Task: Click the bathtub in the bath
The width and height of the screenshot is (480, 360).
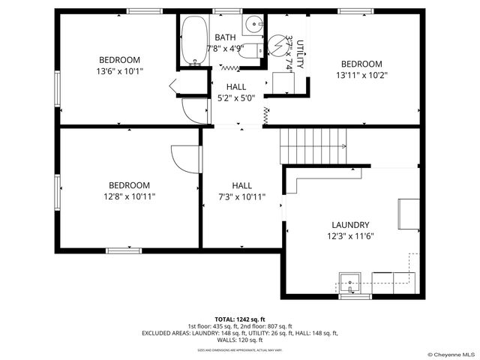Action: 194,40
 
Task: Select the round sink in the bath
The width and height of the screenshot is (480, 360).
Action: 256,23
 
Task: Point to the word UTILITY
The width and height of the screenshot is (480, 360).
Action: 300,54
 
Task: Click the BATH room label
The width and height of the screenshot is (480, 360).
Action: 225,37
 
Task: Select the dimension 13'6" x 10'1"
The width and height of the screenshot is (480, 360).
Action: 119,71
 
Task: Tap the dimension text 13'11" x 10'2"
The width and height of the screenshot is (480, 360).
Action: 361,75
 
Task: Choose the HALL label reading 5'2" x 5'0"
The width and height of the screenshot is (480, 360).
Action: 235,97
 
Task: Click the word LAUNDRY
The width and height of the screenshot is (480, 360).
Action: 350,225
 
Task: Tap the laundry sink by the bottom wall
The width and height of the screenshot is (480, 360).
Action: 349,285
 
